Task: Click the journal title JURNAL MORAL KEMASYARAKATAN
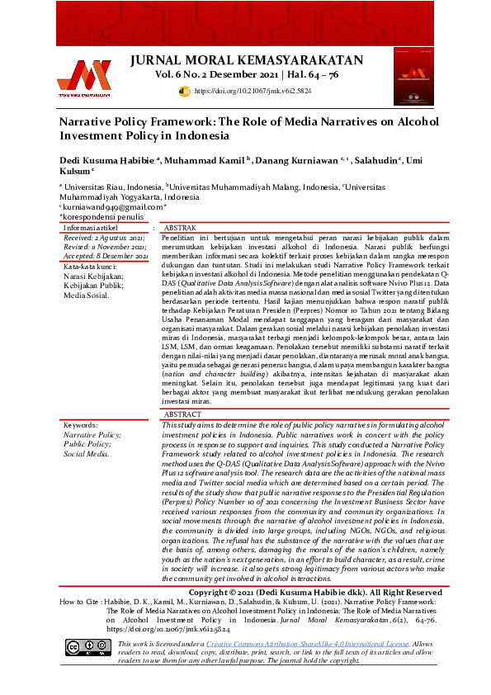click(247, 60)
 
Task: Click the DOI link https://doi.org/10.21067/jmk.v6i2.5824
click(252, 91)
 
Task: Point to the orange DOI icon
click(184, 91)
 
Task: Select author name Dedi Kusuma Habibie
click(108, 158)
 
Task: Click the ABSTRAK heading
click(181, 227)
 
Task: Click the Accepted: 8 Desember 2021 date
click(105, 257)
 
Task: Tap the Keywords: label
click(81, 423)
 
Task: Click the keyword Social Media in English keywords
click(86, 453)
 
